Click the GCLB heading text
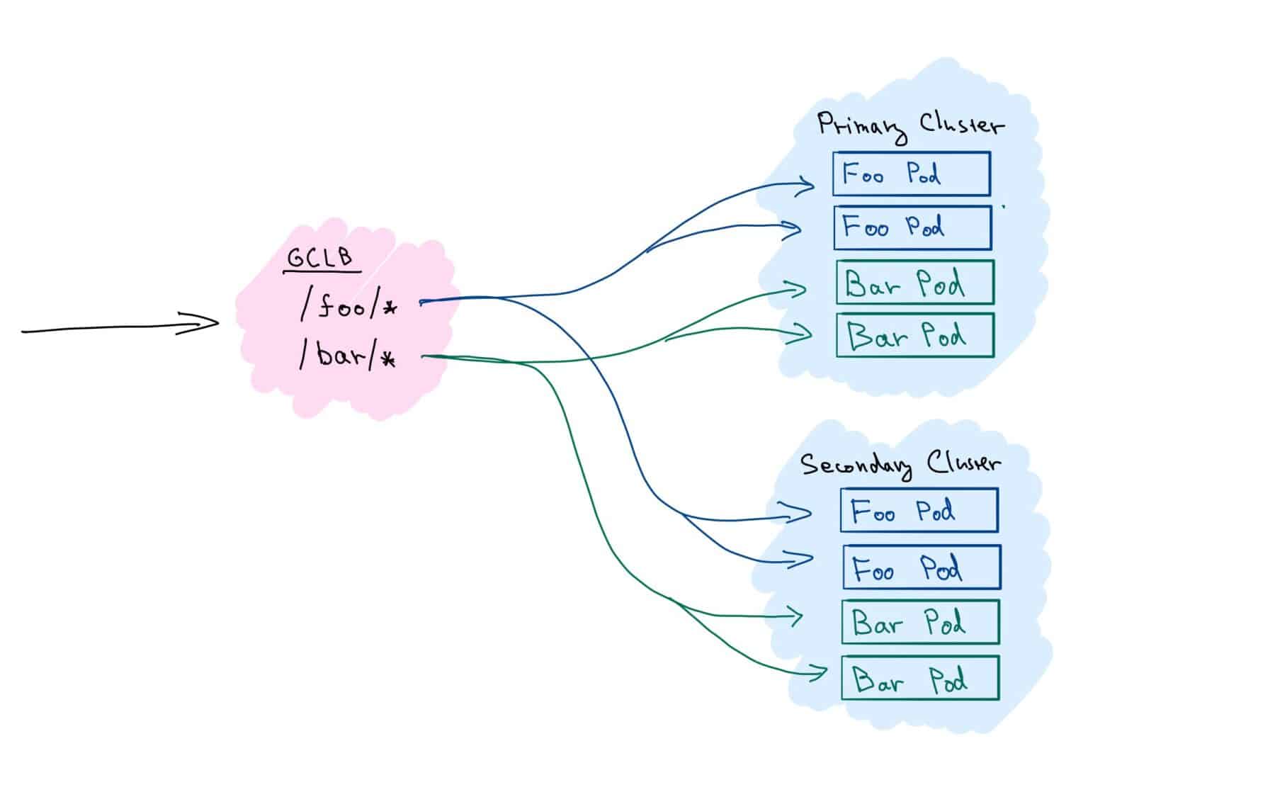click(320, 257)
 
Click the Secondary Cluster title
click(900, 465)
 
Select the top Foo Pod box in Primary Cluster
click(911, 174)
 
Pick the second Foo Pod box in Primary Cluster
click(912, 228)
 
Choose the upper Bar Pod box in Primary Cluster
click(914, 283)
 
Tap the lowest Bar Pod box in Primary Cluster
click(914, 335)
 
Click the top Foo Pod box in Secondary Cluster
click(919, 510)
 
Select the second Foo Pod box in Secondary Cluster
click(922, 567)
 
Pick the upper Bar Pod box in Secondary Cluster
click(920, 622)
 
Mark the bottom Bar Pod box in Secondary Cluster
click(920, 678)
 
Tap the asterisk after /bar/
click(387, 361)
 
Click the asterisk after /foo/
click(390, 308)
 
